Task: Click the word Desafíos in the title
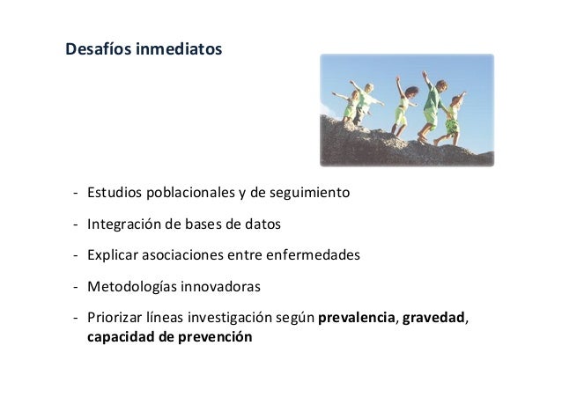point(98,48)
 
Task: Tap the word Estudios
point(113,192)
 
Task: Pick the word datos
point(262,224)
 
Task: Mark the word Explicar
point(111,255)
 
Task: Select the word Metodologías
point(131,287)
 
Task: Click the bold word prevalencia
point(357,319)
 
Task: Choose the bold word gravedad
point(433,319)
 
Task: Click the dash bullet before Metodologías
point(76,287)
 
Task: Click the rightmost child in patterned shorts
point(453,118)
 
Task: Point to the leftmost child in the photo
point(349,106)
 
